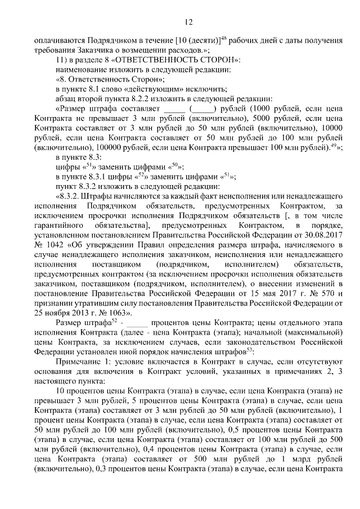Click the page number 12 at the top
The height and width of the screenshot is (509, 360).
(188, 22)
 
